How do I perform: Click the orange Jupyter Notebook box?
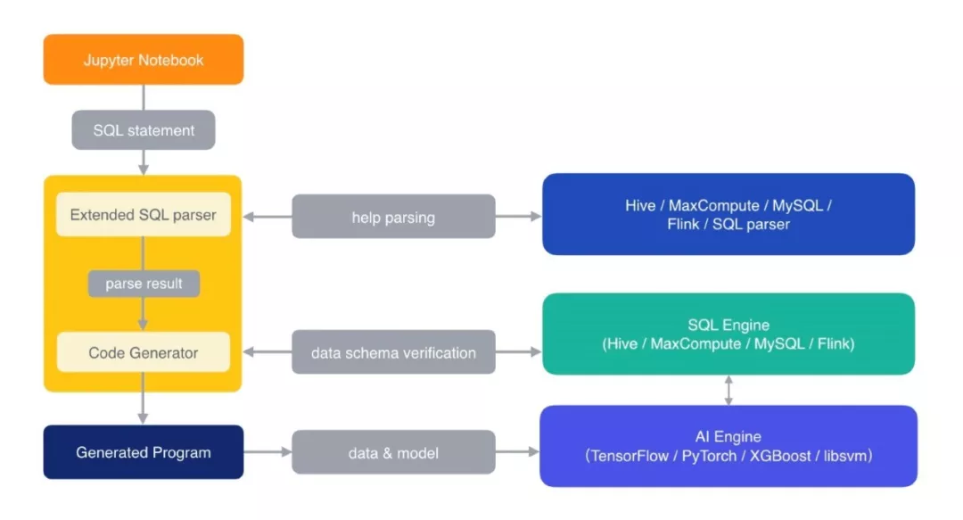[143, 60]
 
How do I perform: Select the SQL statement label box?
[143, 130]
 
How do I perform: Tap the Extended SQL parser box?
[143, 215]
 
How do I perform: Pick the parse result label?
[143, 284]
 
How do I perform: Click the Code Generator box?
[143, 352]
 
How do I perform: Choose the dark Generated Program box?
[143, 452]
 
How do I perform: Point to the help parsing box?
[393, 217]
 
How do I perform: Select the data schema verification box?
[393, 353]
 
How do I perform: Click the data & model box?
[393, 453]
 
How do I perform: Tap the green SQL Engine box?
[728, 334]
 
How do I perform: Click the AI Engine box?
[728, 446]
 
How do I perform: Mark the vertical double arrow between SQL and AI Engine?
[729, 390]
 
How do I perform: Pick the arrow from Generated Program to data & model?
[267, 453]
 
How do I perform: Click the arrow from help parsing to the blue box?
[518, 217]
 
